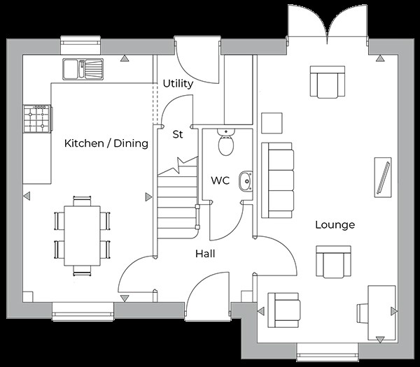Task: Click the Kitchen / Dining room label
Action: pos(106,143)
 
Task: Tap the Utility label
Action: pos(178,84)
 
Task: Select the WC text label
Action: pos(220,180)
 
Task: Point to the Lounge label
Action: pos(335,224)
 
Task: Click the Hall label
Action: pos(204,254)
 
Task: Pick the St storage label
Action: pos(178,134)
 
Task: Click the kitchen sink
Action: pos(83,69)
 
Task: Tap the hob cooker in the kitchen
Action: pos(37,118)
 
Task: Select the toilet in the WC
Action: pos(226,143)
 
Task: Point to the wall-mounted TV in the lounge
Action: pos(383,178)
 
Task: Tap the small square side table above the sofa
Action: pos(272,122)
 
